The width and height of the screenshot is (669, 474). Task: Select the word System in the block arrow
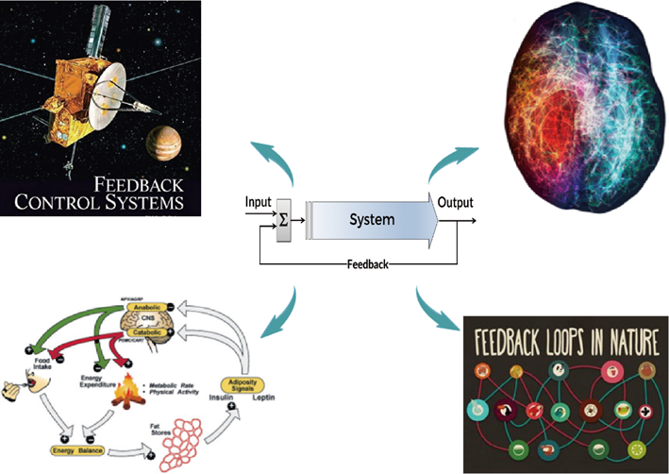coord(371,220)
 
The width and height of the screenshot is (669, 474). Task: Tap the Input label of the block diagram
coord(259,201)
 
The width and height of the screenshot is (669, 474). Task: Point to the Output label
coord(455,202)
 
